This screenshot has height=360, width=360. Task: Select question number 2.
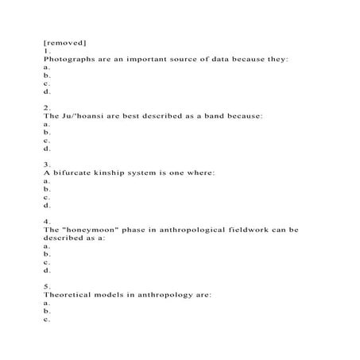[47, 106]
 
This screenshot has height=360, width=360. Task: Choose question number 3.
[47, 164]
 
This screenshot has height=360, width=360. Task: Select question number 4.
[47, 221]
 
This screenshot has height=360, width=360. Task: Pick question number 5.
[47, 286]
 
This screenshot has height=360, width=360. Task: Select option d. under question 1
[47, 91]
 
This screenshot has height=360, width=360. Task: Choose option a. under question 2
[47, 125]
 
